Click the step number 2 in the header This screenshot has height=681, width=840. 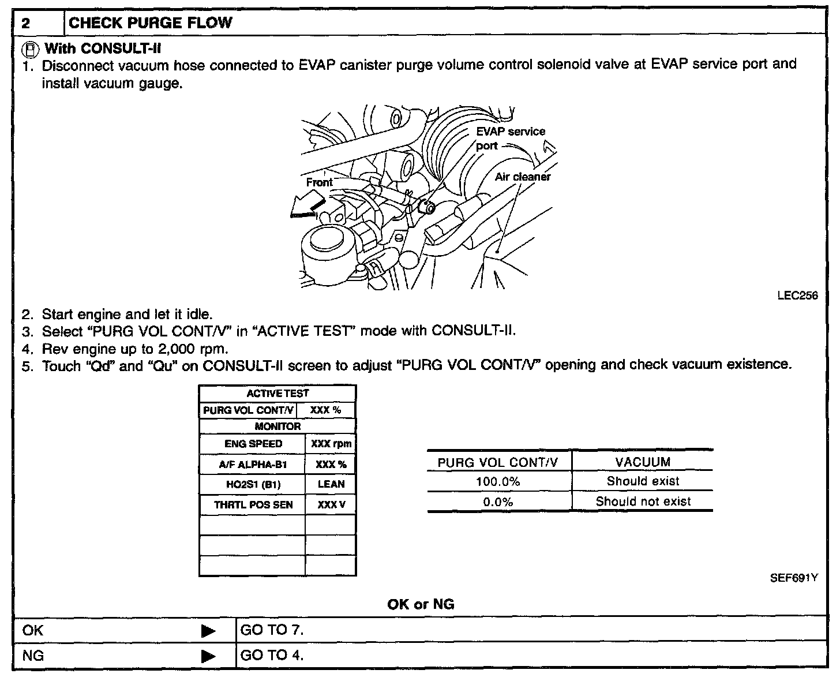26,24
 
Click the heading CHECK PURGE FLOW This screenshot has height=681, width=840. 150,23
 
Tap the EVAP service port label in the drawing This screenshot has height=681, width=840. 510,138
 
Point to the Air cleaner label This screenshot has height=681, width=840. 522,177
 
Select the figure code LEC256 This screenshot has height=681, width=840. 797,295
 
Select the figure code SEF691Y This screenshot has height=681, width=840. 794,578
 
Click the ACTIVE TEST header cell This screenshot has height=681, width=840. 277,394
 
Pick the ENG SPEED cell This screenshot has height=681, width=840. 253,444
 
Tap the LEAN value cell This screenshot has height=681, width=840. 331,484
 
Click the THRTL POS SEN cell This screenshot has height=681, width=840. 253,505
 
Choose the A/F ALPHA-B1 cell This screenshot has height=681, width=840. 253,464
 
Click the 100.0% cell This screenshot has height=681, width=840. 498,481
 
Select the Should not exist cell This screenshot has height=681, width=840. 643,502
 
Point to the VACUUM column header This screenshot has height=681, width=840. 643,462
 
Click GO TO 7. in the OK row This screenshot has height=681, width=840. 272,630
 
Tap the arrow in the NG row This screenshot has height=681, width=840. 208,656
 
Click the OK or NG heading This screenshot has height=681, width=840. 421,604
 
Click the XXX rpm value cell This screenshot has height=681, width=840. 331,444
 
